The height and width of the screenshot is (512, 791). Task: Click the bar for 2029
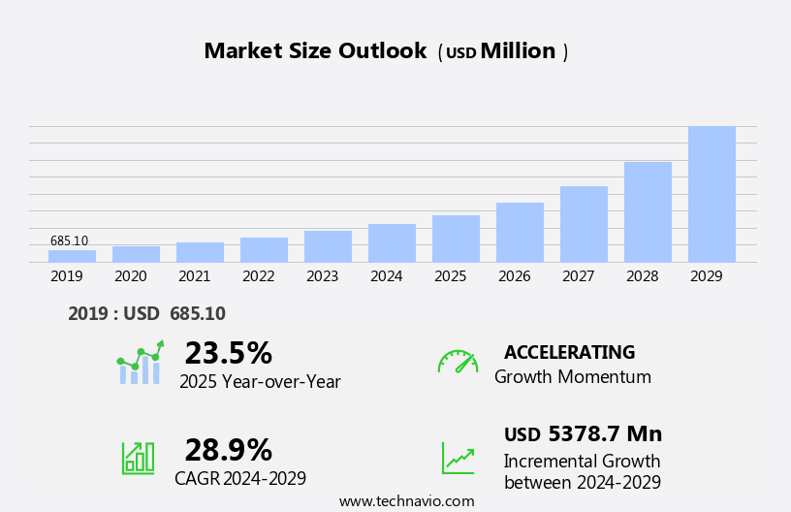pos(712,194)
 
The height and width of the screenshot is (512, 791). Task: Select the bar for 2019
pos(72,256)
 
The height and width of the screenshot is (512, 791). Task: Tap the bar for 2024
pos(392,243)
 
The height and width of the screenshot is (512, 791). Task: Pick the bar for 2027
pos(584,224)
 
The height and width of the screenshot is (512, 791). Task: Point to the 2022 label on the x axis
pos(258,276)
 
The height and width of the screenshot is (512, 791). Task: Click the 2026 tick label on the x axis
pos(514,276)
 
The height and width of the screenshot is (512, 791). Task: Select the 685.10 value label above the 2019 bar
pos(69,240)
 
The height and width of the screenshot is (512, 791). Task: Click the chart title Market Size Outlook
pos(315,51)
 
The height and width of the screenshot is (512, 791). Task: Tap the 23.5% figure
pos(228,353)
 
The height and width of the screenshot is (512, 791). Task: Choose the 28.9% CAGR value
pos(228,450)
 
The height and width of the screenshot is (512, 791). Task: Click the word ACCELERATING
pos(569,353)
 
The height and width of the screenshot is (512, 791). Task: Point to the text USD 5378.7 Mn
pos(583,434)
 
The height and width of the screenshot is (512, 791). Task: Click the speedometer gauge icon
pos(458,362)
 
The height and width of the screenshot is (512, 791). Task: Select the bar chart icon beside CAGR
pos(138,457)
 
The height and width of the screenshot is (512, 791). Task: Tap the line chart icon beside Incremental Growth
pos(458,458)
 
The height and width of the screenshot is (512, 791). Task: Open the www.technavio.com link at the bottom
pos(406,501)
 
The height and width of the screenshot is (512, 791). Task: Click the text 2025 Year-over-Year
pos(260,382)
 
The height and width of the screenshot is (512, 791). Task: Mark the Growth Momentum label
pos(572,377)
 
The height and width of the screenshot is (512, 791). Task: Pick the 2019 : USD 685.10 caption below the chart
pos(146,314)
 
